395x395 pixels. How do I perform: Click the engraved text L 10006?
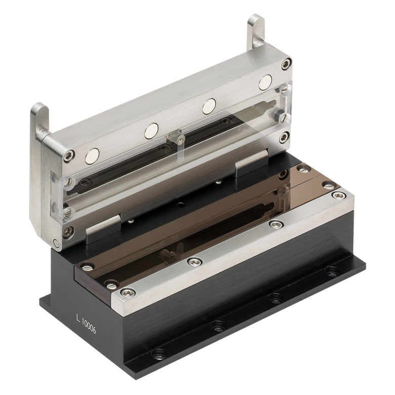tap(86, 324)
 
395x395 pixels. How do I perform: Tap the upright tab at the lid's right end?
tap(256, 31)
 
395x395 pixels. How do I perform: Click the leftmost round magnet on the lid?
tap(92, 156)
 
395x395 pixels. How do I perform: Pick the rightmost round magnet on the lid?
tap(265, 83)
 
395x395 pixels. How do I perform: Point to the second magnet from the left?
tap(151, 131)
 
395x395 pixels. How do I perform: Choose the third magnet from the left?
tap(209, 106)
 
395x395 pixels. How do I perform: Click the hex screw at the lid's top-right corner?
tap(287, 64)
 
